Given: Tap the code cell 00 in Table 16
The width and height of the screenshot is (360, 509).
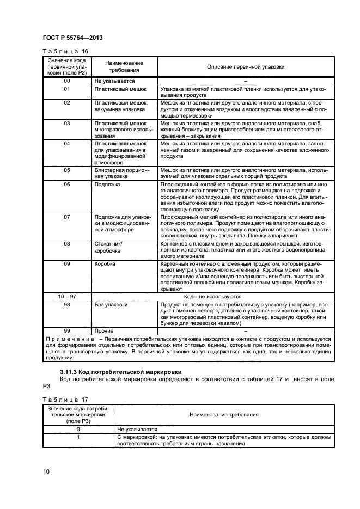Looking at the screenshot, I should (67, 81).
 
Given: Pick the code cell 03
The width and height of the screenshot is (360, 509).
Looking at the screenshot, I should (67, 124).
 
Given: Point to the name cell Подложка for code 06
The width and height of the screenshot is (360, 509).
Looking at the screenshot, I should (107, 185).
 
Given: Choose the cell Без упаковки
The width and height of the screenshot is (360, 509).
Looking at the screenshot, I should (111, 304).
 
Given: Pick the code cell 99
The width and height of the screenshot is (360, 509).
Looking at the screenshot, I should (67, 330).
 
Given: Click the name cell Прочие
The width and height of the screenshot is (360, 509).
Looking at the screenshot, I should (104, 330).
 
